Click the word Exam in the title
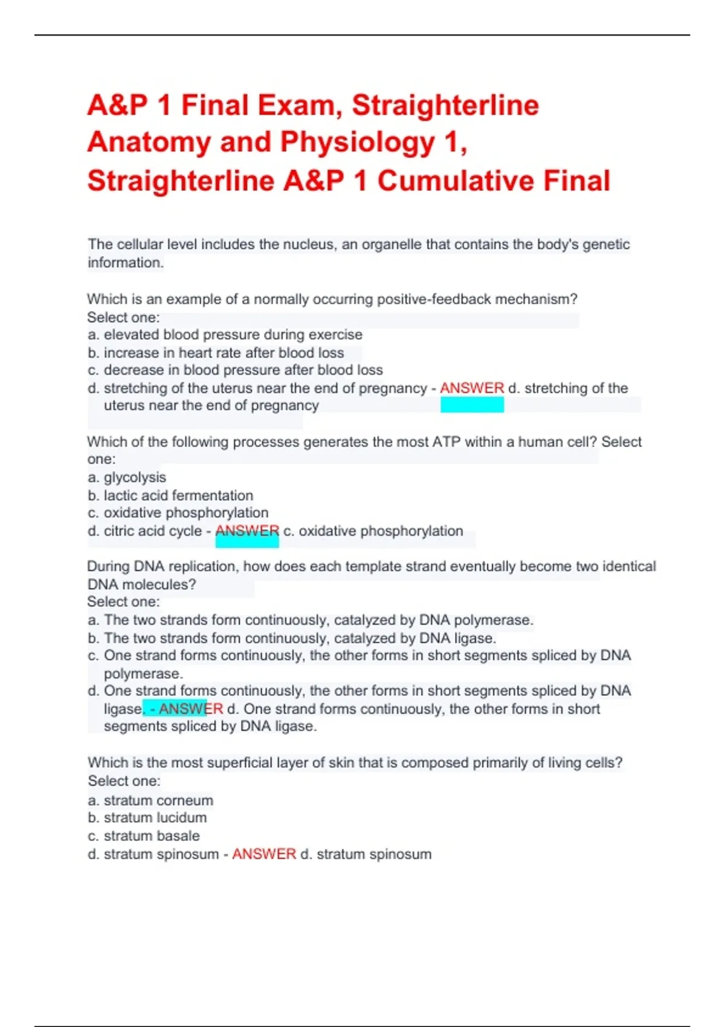[296, 105]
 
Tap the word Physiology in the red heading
[358, 143]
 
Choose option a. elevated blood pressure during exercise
[225, 335]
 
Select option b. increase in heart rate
[216, 353]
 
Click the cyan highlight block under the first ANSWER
[472, 405]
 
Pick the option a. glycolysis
[127, 477]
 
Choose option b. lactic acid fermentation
[170, 495]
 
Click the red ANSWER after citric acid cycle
[247, 531]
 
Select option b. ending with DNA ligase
[292, 638]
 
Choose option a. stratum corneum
[150, 800]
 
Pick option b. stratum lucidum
[147, 818]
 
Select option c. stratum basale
[144, 836]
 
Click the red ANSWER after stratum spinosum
[264, 854]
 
